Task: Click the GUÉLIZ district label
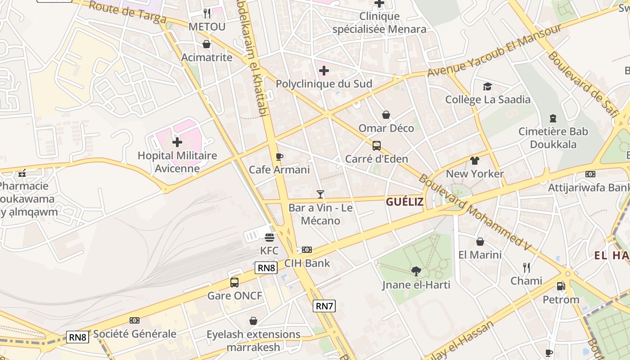coord(405,202)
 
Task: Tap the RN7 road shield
coord(324,306)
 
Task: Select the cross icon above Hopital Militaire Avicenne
coord(177,142)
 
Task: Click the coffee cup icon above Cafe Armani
coord(279,157)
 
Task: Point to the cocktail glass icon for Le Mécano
coord(320,194)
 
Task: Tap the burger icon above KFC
coord(270,237)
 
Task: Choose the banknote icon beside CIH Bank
coord(307,250)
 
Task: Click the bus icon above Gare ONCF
coord(234,283)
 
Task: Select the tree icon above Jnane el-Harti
coord(416,271)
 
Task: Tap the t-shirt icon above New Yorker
coord(475,160)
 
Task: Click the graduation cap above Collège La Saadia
coord(488,86)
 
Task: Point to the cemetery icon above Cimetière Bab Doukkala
coord(553,118)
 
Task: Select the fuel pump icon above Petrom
coord(561,286)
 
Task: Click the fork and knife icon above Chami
coord(526,268)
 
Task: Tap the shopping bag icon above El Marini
coord(480,242)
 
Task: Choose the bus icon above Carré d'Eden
coord(377,146)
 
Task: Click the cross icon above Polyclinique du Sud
coord(324,71)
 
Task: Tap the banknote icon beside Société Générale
coord(135,320)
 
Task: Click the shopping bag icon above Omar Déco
coord(386,115)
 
